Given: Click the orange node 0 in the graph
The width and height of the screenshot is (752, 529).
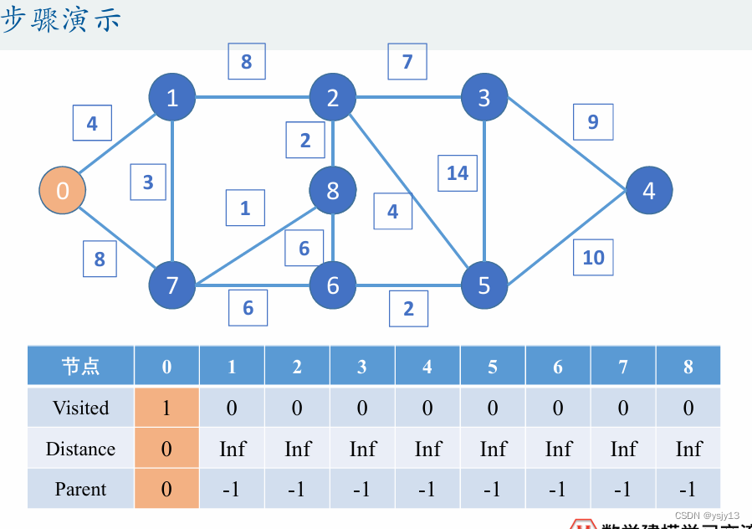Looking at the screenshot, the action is tap(63, 191).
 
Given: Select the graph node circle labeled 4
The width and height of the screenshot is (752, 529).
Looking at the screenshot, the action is tap(649, 191).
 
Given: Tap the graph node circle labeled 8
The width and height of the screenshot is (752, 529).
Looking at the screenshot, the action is tap(333, 191).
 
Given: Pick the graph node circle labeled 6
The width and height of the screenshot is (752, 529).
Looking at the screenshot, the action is tap(333, 285).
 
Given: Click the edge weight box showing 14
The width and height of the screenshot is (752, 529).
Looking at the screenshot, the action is tap(458, 173).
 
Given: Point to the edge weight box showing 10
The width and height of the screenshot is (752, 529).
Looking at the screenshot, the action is tap(593, 257).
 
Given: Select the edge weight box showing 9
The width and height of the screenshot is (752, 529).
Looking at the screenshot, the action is tap(593, 122).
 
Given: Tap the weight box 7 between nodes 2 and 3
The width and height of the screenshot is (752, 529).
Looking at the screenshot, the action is tap(407, 62).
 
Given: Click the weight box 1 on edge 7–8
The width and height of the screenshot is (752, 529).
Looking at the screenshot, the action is tap(245, 208).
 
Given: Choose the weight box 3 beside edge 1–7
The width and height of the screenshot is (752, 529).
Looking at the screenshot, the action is tap(148, 182).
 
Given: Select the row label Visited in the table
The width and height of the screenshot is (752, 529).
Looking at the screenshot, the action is tap(81, 408).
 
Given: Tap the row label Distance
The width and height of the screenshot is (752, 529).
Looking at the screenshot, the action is tap(81, 449).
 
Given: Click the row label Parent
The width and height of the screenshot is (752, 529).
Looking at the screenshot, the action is tap(81, 489).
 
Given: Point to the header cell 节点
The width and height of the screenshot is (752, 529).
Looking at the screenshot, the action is tap(81, 366).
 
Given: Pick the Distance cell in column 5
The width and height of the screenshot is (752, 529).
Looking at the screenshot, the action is tap(493, 449).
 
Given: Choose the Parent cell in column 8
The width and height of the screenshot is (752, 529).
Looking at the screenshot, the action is tap(688, 489).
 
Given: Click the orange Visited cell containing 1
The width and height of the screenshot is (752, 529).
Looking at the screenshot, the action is tap(166, 408).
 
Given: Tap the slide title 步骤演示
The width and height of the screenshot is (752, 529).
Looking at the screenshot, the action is tap(62, 20).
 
